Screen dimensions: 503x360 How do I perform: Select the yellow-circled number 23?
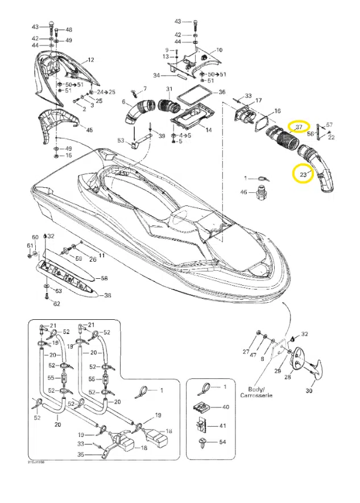(303, 174)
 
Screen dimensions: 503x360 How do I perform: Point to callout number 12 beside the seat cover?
(90, 60)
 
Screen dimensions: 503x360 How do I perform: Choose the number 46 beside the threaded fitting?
(243, 193)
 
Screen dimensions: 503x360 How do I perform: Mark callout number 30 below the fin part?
(310, 391)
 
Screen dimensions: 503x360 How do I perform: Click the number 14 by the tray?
(208, 130)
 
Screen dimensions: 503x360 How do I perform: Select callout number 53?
(121, 140)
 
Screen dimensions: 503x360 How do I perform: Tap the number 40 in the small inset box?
(225, 407)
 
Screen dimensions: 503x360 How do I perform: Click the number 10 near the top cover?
(219, 50)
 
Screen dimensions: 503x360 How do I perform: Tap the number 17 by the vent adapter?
(258, 101)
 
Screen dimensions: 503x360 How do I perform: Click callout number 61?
(30, 245)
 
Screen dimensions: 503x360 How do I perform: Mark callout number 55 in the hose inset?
(49, 377)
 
